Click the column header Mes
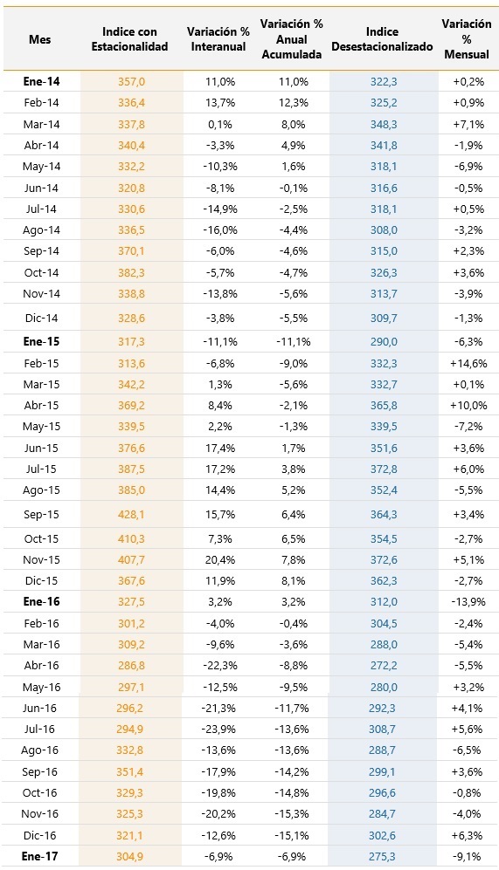40,39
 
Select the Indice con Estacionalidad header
129,39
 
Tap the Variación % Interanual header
218,39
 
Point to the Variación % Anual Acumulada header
292,39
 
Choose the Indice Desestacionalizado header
382,39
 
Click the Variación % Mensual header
467,39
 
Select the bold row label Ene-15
41,342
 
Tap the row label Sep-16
41,771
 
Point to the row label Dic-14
42,318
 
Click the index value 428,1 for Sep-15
131,514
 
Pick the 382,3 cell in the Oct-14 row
131,272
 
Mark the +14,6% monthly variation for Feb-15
468,363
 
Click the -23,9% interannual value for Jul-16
219,729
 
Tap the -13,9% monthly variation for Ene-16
468,602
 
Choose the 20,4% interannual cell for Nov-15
220,560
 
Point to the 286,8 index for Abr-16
131,665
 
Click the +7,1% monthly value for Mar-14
468,124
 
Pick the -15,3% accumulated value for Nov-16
292,814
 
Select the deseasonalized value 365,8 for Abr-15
384,406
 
